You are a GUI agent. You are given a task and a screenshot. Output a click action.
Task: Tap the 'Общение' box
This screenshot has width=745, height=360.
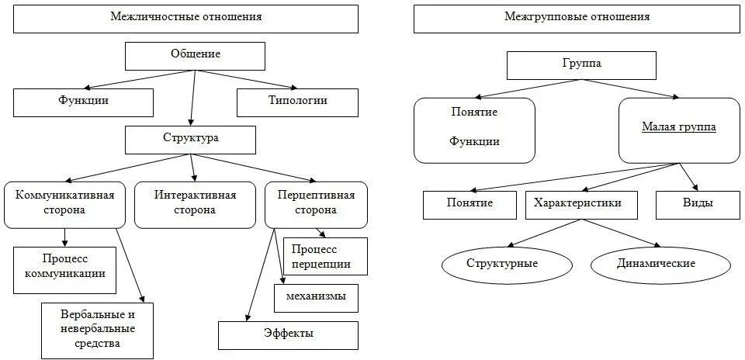pos(195,54)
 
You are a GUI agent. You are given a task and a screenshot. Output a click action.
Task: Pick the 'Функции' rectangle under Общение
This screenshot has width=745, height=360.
pos(83,102)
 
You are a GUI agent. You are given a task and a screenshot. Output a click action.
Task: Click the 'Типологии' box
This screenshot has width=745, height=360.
pos(297,102)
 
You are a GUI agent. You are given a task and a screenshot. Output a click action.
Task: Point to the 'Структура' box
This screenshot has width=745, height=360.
pos(191,139)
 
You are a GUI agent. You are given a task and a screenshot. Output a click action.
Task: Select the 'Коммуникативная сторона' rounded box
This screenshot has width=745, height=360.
pos(64,204)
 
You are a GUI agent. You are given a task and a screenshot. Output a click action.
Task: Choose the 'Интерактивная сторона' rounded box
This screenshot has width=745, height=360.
pos(195,204)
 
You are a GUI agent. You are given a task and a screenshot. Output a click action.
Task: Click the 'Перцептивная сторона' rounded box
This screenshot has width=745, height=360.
pos(314,204)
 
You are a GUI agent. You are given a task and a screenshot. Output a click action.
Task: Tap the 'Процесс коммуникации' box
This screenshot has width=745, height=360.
pos(64,268)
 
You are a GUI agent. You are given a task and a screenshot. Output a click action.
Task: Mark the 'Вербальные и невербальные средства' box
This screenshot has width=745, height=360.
pos(97,330)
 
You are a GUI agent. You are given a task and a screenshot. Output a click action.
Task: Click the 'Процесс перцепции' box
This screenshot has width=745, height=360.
pos(325,256)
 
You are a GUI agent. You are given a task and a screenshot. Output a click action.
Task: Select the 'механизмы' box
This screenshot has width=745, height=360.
pos(316,297)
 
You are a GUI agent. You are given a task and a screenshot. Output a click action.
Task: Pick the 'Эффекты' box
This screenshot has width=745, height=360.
pos(288,334)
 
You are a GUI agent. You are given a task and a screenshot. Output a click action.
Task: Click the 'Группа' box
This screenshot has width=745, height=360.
pos(580,65)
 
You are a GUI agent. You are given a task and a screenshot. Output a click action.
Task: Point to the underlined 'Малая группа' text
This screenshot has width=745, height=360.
pos(678,126)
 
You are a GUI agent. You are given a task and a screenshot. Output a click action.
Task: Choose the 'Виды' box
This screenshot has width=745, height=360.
pos(698,204)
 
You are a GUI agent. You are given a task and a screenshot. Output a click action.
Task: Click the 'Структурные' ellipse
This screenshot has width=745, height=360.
pos(502,265)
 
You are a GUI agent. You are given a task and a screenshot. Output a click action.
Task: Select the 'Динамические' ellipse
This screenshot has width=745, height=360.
pos(657,265)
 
